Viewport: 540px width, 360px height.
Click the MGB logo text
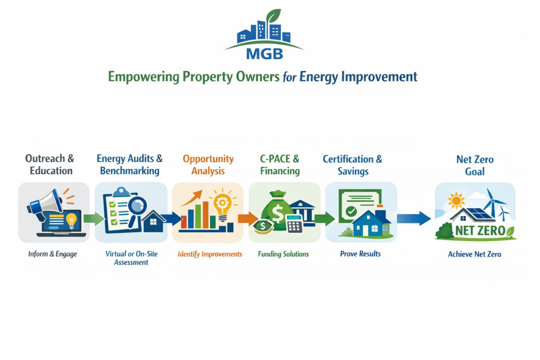tap(265, 54)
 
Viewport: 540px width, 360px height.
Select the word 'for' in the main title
tap(290, 77)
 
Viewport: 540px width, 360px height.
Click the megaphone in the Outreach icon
tap(45, 201)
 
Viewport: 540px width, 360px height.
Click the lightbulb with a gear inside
tap(223, 206)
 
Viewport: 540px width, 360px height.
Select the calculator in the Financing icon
tap(294, 223)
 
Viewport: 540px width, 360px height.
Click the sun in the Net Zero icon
tap(456, 200)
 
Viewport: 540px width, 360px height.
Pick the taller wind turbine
tap(492, 203)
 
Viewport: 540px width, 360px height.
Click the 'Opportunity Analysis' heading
tap(208, 164)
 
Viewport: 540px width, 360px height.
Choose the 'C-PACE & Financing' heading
tap(279, 164)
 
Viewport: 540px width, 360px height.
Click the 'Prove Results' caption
tap(360, 254)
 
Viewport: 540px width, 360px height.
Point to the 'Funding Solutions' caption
tap(283, 254)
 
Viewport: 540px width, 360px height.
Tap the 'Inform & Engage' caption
tap(53, 254)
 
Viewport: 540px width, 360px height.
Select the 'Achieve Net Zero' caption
tap(475, 254)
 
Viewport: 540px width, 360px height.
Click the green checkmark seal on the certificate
tap(351, 211)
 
